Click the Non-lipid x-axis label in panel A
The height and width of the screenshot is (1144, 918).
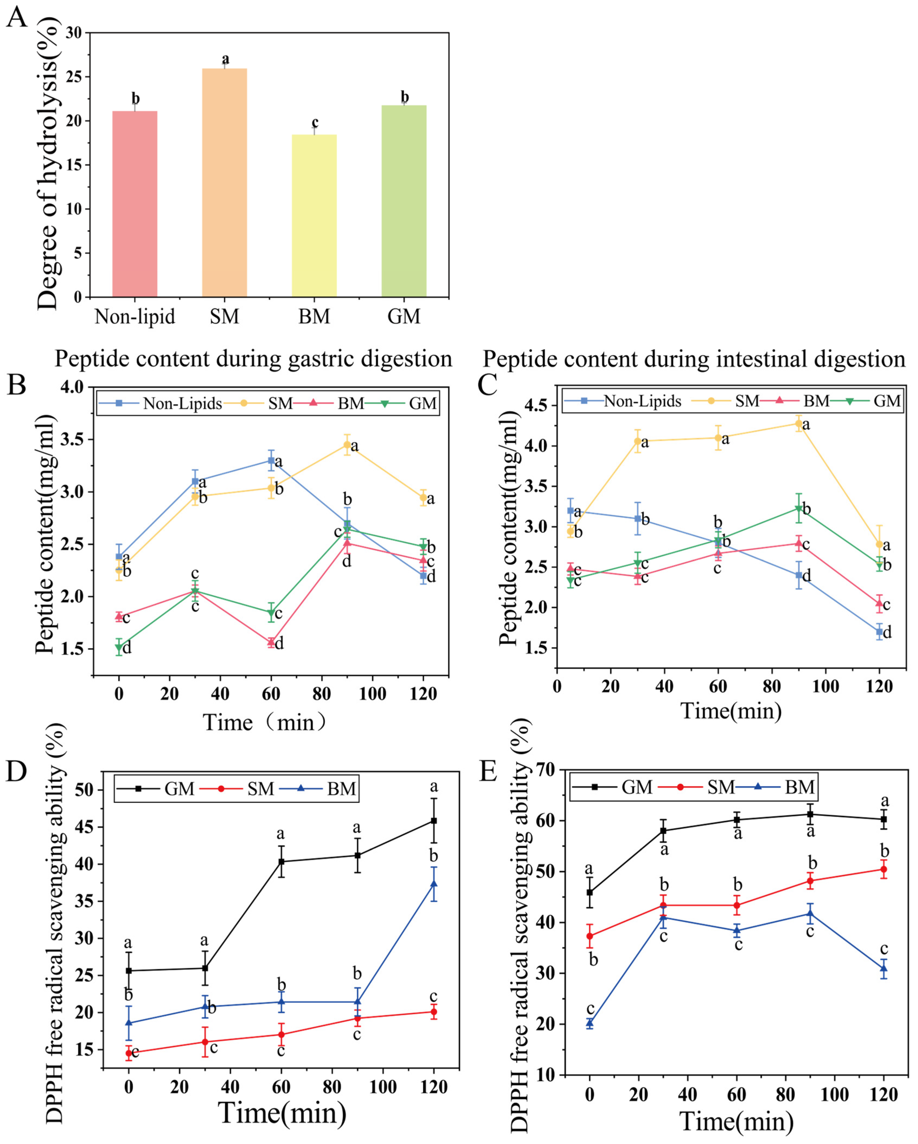point(135,317)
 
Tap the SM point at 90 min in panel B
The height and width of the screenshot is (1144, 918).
point(347,445)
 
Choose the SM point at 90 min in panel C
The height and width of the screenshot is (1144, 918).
point(798,423)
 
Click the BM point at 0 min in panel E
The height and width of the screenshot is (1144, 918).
point(589,1023)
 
